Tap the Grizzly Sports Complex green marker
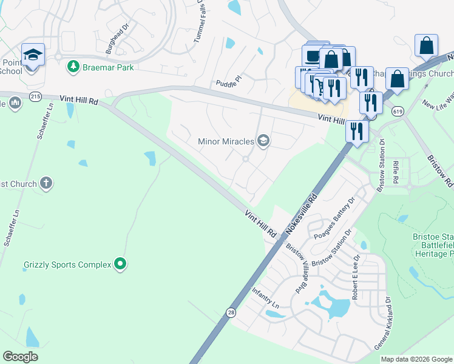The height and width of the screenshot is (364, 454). [120, 263]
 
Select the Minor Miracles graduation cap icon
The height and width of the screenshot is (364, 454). [263, 141]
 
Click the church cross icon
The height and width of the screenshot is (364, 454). [46, 183]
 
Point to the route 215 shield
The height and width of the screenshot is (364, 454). [35, 96]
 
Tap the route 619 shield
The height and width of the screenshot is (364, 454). [398, 111]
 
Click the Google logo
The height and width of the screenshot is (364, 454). [20, 357]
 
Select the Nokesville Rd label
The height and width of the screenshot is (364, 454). [302, 215]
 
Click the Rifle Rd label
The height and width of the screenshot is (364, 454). [395, 172]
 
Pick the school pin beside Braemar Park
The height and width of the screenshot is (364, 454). [33, 56]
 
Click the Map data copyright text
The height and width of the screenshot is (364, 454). [416, 359]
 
